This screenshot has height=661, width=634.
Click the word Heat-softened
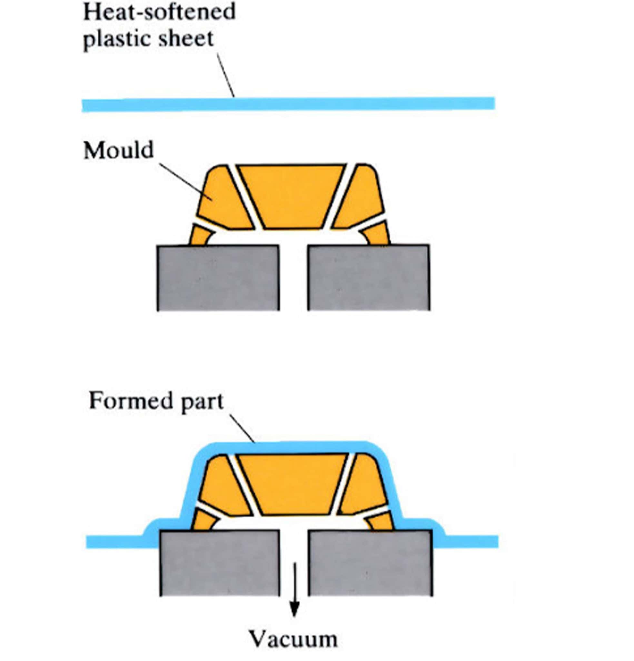tap(159, 12)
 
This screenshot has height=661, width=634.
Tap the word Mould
tap(119, 150)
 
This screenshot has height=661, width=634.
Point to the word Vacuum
tap(293, 639)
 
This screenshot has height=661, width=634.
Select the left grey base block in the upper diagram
tap(218, 277)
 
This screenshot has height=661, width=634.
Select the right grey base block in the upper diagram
tap(369, 277)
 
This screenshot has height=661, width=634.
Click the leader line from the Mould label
tap(185, 182)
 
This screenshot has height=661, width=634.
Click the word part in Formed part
tap(202, 402)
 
